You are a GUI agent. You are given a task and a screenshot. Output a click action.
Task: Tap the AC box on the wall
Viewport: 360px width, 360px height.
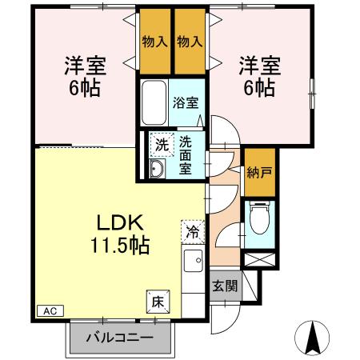49,310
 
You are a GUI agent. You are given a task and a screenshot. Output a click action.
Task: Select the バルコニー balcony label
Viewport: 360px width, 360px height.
119,337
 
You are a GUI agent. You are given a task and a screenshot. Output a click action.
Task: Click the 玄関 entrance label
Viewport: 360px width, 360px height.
224,286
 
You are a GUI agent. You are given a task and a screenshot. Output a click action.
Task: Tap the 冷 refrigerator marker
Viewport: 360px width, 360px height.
193,232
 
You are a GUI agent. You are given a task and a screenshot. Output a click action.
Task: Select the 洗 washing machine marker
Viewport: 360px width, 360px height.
161,145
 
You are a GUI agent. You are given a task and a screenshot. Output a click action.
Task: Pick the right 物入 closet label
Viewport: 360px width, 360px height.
191,41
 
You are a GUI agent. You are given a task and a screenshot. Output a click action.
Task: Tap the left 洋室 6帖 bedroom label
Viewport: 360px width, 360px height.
82,75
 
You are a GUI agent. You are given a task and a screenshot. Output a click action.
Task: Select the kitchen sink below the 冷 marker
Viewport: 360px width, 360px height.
193,261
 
